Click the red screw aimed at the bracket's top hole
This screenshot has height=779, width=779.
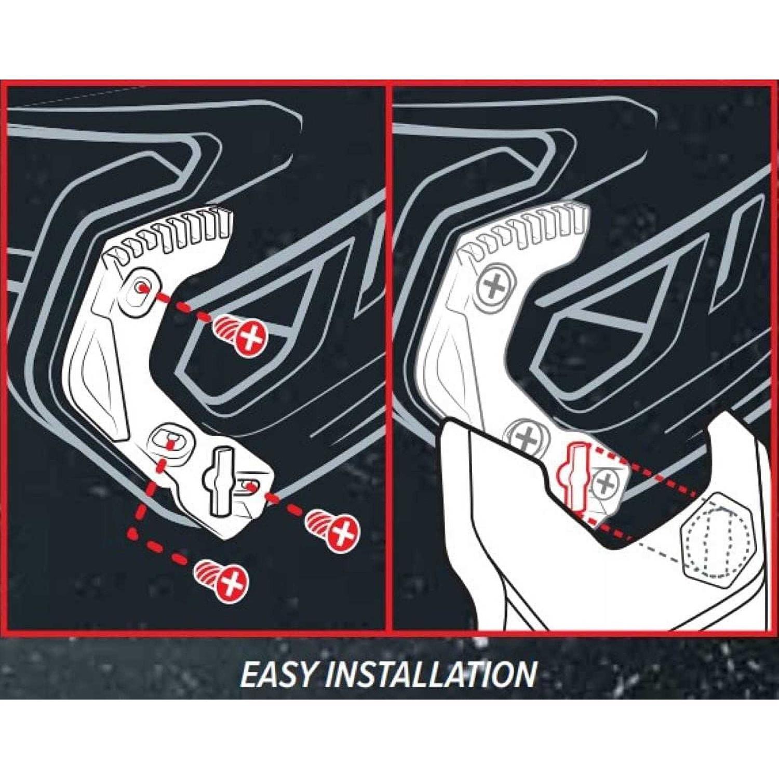[x=240, y=333]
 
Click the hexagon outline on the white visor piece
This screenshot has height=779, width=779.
[x=718, y=536]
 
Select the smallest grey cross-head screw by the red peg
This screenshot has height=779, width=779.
[x=605, y=483]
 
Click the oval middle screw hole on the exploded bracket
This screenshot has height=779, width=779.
[x=169, y=439]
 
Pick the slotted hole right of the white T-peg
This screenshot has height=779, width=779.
[x=249, y=487]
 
